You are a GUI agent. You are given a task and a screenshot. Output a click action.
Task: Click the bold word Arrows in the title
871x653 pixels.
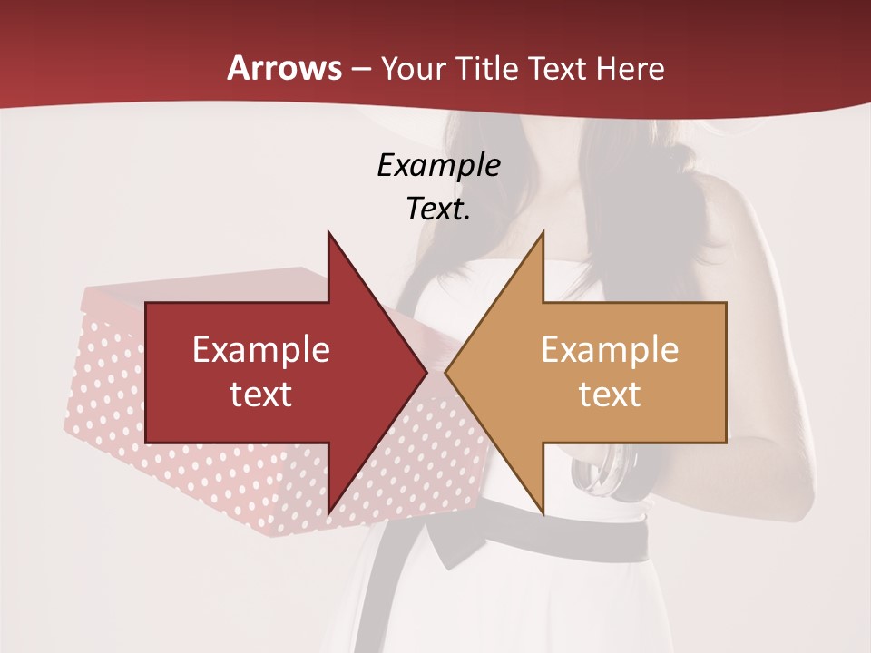point(284,68)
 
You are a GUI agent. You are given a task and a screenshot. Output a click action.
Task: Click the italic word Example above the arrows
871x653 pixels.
point(438,165)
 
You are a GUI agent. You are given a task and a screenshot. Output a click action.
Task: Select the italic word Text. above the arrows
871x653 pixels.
point(438,209)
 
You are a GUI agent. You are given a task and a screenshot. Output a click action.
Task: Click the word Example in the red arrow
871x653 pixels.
point(261,349)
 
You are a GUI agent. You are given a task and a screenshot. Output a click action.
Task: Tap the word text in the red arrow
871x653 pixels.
point(261,394)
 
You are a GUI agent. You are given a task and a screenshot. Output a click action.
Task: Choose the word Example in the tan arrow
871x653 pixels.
point(610,349)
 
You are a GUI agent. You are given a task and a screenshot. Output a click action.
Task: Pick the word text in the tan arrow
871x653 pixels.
point(610,394)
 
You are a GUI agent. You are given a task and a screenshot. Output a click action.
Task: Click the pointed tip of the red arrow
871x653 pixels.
point(425,372)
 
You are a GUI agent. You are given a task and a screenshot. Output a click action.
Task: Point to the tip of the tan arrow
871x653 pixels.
point(447,372)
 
